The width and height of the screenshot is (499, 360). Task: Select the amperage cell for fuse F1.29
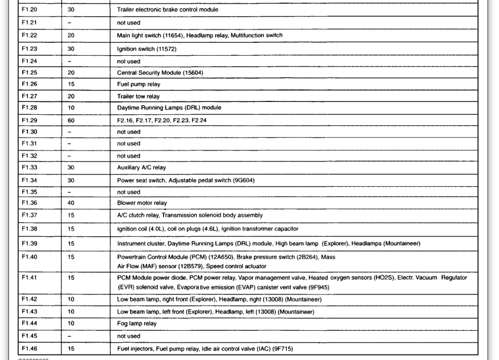coord(71,121)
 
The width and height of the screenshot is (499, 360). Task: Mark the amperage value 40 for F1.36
coord(71,203)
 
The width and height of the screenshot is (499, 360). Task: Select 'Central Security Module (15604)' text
coord(160,73)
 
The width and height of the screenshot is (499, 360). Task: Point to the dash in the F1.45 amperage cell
coord(70,336)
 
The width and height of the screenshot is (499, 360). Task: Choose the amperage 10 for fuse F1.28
coord(71,108)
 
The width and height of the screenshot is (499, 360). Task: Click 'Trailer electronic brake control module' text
coord(168,9)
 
